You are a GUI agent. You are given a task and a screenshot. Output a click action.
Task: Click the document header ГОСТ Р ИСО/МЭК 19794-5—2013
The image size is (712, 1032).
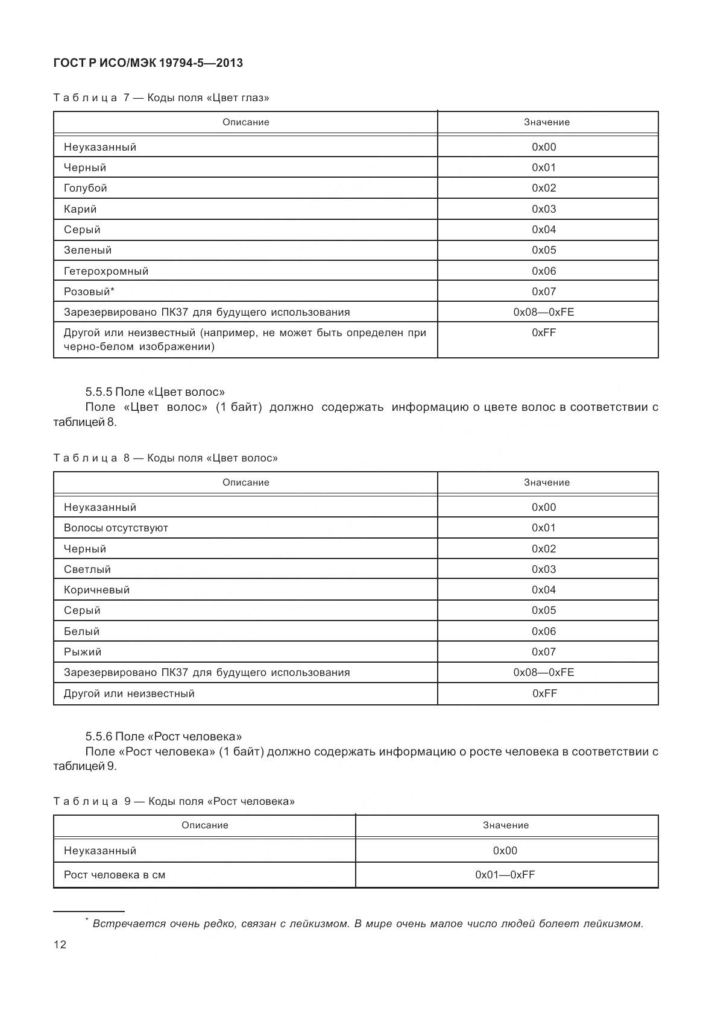(x=148, y=63)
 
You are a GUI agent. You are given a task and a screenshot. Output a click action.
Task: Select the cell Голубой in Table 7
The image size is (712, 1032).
(x=86, y=188)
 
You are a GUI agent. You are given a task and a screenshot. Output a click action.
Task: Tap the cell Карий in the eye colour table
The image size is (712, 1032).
(x=80, y=209)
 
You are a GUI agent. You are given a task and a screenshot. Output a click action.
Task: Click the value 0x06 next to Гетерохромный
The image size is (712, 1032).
(x=544, y=271)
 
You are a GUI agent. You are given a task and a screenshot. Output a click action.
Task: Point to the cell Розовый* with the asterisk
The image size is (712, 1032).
(x=89, y=292)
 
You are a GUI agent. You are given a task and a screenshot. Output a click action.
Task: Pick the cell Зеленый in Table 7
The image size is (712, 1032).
(x=88, y=250)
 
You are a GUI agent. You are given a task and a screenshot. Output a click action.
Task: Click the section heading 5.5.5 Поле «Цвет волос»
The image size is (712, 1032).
(x=155, y=392)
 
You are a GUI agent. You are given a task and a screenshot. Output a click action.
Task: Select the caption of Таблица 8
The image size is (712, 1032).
(x=165, y=458)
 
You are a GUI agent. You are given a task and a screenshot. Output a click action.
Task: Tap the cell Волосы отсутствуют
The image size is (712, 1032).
(x=116, y=528)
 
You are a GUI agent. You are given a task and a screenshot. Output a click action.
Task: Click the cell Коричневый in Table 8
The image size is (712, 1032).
(x=96, y=590)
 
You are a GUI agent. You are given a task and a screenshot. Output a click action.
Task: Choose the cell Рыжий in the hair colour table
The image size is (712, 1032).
(x=83, y=652)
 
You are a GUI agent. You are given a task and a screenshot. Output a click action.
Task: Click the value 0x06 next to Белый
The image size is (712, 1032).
(x=544, y=631)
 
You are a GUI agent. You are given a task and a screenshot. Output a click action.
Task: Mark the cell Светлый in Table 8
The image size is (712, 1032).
(x=87, y=569)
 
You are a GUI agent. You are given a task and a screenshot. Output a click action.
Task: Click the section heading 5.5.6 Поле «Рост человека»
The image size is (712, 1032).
(x=163, y=736)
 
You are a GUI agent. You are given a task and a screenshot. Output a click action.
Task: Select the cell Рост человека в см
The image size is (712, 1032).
(x=115, y=875)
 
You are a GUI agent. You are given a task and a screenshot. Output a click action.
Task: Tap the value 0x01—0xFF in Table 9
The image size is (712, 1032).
(x=505, y=875)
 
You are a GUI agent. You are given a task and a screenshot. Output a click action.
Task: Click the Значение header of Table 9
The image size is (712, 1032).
(x=505, y=825)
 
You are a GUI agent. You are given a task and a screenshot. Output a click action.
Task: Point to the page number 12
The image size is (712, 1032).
(x=60, y=945)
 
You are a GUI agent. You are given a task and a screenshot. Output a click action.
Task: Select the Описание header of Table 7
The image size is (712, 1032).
(x=245, y=122)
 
